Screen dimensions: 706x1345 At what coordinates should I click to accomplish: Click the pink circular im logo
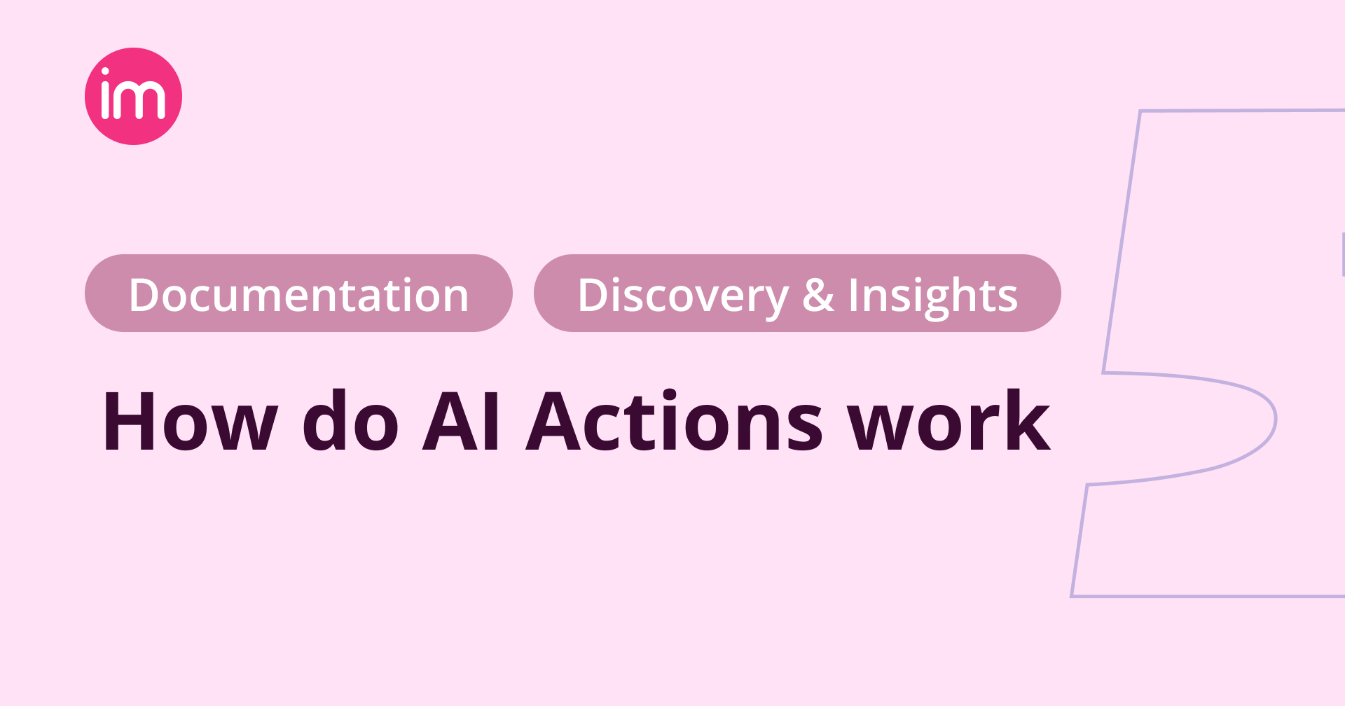pyautogui.click(x=133, y=96)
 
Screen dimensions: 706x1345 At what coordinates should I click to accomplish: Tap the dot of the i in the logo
pyautogui.click(x=106, y=71)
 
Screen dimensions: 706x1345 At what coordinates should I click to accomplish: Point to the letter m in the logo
pyautogui.click(x=142, y=101)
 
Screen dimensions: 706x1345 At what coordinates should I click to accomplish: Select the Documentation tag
pyautogui.click(x=298, y=293)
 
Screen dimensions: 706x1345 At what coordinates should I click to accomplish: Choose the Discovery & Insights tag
pyautogui.click(x=797, y=293)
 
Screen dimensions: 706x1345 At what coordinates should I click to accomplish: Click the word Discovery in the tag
pyautogui.click(x=682, y=295)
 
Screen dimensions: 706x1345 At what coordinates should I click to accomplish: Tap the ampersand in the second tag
pyautogui.click(x=818, y=295)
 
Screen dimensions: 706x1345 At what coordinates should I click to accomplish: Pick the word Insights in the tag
pyautogui.click(x=932, y=295)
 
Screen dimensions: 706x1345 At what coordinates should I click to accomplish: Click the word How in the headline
pyautogui.click(x=190, y=422)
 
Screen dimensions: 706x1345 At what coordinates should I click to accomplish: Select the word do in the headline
pyautogui.click(x=350, y=422)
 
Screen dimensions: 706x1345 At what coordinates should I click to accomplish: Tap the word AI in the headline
pyautogui.click(x=462, y=422)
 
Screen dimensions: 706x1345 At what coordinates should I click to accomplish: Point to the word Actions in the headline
pyautogui.click(x=674, y=422)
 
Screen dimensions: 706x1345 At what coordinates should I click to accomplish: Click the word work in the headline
pyautogui.click(x=949, y=422)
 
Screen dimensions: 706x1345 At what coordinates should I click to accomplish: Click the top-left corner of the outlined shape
pyautogui.click(x=1140, y=111)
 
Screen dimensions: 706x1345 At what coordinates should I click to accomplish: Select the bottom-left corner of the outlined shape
pyautogui.click(x=1072, y=595)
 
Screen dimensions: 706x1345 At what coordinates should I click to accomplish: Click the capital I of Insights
pyautogui.click(x=853, y=295)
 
